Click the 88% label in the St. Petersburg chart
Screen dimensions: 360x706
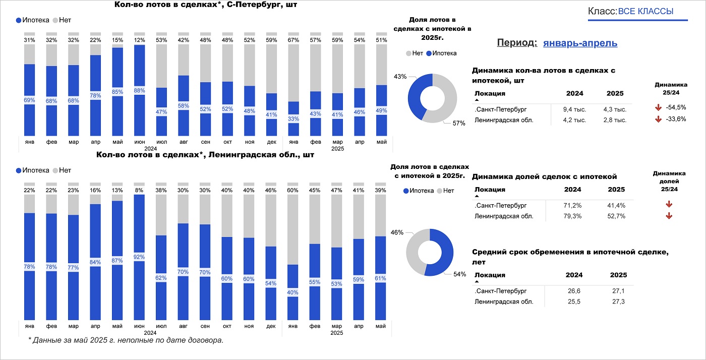tap(140, 91)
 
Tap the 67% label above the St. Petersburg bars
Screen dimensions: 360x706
tap(293, 40)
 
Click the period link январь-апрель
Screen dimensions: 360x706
tap(580, 43)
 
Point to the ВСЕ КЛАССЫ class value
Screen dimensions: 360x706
tap(645, 11)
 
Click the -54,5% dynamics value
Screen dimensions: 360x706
tap(675, 108)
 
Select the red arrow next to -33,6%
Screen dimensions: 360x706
tap(658, 119)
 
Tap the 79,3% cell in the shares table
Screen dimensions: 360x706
tap(574, 216)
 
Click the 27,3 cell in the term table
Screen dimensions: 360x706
tap(618, 302)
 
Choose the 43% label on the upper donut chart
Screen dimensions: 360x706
tap(400, 77)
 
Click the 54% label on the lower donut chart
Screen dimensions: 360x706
tap(460, 274)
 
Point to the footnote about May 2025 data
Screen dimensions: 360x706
tap(126, 340)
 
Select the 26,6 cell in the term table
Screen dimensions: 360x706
tap(574, 291)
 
